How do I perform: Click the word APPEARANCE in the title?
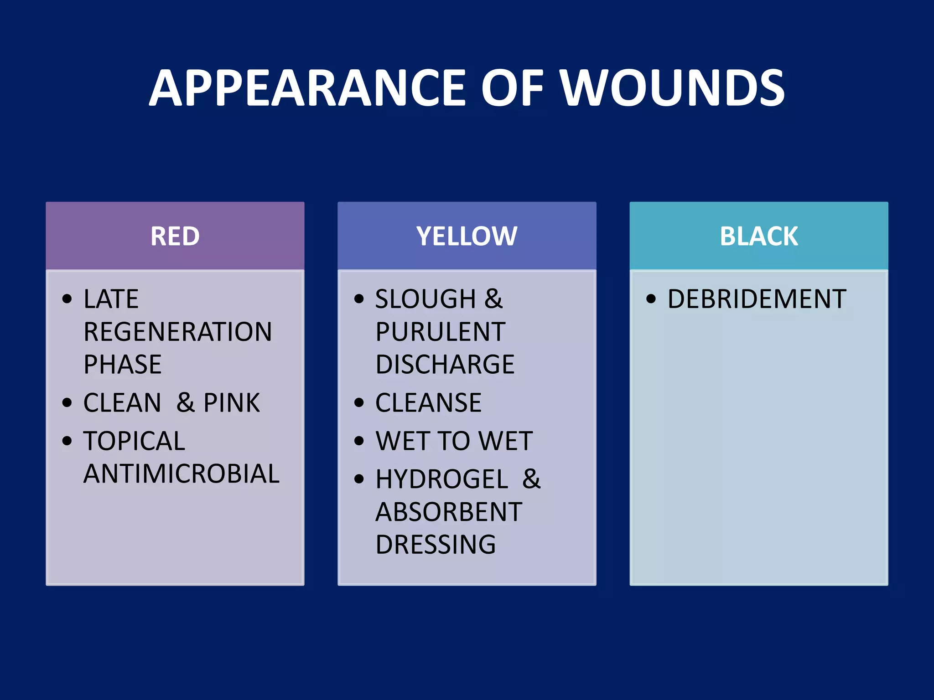307,88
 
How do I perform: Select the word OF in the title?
512,88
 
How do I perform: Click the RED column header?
175,236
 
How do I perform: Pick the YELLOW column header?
467,236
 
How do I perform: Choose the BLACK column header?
759,236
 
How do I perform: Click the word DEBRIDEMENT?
757,299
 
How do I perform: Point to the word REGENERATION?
178,332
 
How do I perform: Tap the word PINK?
232,403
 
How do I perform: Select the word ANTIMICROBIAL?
182,474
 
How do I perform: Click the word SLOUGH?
425,299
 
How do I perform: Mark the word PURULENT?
440,332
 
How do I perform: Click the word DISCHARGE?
445,365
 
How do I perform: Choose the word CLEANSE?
428,403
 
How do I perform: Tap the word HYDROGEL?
441,479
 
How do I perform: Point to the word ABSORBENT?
449,512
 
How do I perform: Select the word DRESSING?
436,545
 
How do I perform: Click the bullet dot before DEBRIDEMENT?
651,299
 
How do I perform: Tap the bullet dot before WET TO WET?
359,441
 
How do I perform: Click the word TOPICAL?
134,441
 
